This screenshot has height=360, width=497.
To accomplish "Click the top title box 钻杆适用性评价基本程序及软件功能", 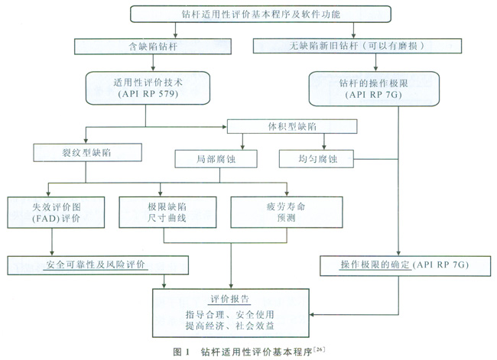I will tap(260, 14).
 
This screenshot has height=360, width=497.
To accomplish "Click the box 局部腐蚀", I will tap(206, 158).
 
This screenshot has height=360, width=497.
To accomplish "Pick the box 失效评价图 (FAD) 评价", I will tap(50, 212).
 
